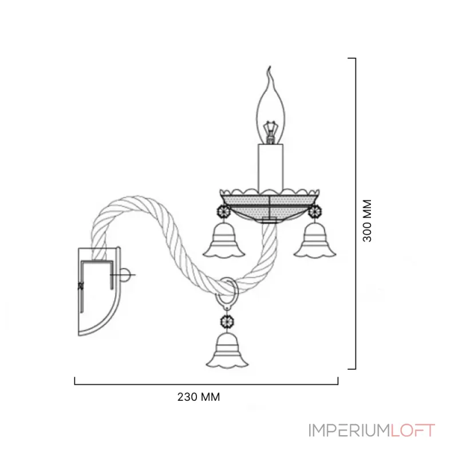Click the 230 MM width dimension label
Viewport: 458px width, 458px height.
pos(199,397)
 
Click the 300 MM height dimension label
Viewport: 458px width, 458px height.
pos(367,221)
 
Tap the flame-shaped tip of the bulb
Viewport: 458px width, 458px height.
pos(270,70)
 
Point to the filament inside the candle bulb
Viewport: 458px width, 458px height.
pos(270,132)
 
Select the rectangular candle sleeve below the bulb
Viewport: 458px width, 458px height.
pos(271,168)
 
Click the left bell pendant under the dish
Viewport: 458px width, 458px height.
pos(224,240)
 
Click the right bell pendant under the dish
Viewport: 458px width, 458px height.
pos(315,240)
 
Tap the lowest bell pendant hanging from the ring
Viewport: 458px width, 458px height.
pos(227,350)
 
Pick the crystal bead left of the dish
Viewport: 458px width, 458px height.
pos(224,211)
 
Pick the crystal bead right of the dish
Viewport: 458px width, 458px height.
pos(315,211)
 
